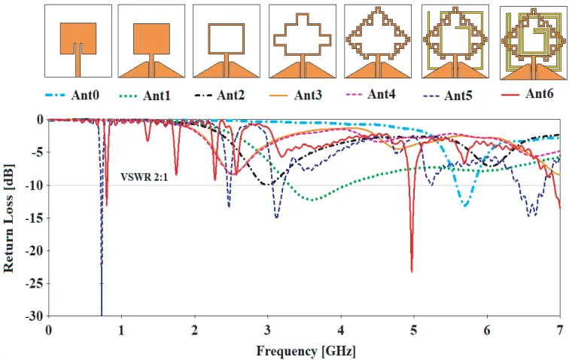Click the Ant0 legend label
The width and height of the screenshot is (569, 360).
pyautogui.click(x=85, y=95)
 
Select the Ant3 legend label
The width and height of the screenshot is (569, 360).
pyautogui.click(x=308, y=95)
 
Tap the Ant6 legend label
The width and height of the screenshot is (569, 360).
pyautogui.click(x=540, y=93)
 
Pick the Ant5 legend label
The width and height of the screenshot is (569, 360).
pyautogui.click(x=458, y=96)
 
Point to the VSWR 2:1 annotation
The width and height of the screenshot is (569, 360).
pyautogui.click(x=144, y=177)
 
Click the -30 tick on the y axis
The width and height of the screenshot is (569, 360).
pyautogui.click(x=35, y=316)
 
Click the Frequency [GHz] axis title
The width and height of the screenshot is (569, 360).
pyautogui.click(x=306, y=351)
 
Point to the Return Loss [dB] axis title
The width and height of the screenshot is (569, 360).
pyautogui.click(x=9, y=218)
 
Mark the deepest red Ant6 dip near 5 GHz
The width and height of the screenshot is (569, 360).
pyautogui.click(x=412, y=271)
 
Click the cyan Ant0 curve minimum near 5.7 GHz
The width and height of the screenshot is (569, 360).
pyautogui.click(x=465, y=206)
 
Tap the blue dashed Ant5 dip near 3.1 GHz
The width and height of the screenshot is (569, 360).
pyautogui.click(x=276, y=217)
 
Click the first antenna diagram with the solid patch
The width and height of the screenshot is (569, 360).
pyautogui.click(x=78, y=41)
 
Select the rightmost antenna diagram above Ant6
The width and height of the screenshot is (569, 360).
pyautogui.click(x=533, y=43)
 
